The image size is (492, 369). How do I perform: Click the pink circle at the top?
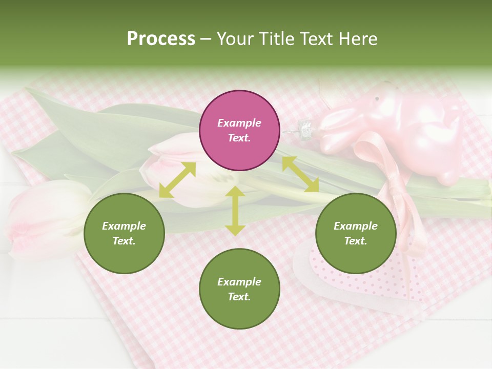click(x=239, y=131)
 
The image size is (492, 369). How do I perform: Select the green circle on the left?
click(x=124, y=233)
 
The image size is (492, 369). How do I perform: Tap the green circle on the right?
click(x=356, y=233)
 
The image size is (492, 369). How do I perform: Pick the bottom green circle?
click(x=239, y=289)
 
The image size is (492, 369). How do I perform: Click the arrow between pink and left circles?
click(x=177, y=180)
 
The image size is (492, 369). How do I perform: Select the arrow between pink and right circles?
click(x=300, y=174)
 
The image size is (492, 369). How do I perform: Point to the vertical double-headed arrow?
click(x=235, y=211)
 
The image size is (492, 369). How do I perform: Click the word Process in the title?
click(x=161, y=39)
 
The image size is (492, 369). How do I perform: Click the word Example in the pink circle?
click(x=239, y=123)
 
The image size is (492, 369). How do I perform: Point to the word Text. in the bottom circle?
click(x=239, y=297)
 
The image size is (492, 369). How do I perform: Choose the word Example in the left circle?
click(x=124, y=226)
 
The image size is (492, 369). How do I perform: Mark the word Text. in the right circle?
click(x=356, y=241)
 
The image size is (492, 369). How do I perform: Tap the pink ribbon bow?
click(x=395, y=184)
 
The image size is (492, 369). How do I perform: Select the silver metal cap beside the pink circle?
click(x=305, y=128)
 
